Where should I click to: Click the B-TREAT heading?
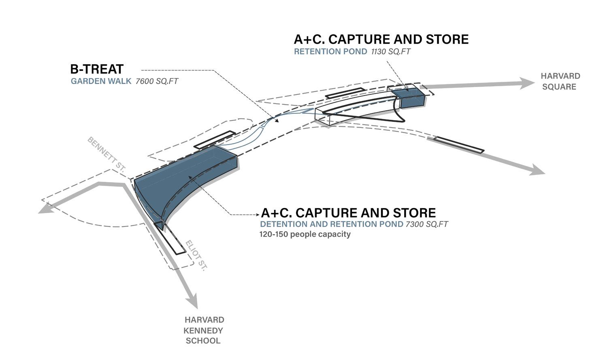pyautogui.click(x=97, y=69)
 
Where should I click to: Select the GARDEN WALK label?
pyautogui.click(x=101, y=81)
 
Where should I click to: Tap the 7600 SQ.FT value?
pyautogui.click(x=157, y=81)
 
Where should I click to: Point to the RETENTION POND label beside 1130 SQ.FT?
pyautogui.click(x=330, y=52)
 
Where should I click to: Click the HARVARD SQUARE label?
pyautogui.click(x=560, y=81)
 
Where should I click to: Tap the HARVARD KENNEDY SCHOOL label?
pyautogui.click(x=204, y=330)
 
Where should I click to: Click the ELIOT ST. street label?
pyautogui.click(x=196, y=256)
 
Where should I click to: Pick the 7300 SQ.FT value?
pyautogui.click(x=426, y=224)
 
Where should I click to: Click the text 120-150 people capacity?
pyautogui.click(x=305, y=234)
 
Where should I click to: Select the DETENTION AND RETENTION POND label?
pyautogui.click(x=332, y=224)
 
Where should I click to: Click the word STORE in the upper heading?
pyautogui.click(x=447, y=39)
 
